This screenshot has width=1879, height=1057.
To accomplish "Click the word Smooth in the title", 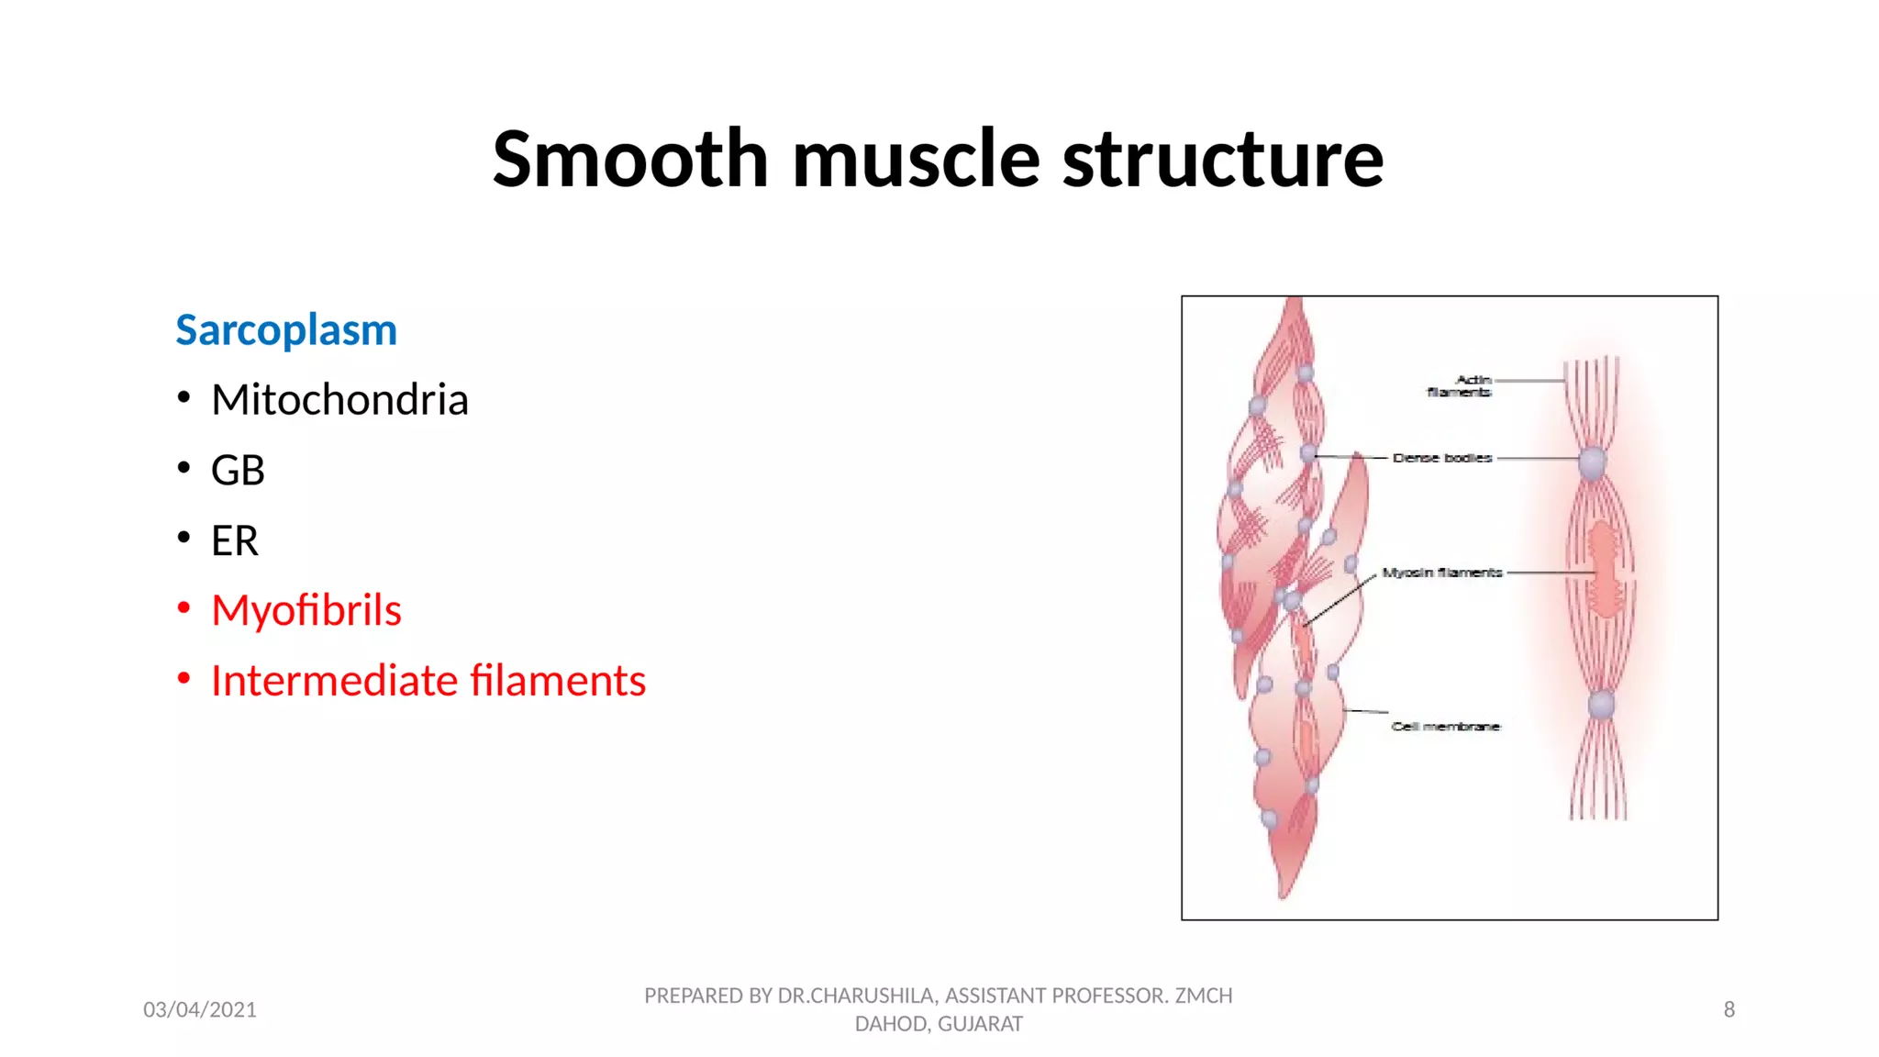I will pos(630,159).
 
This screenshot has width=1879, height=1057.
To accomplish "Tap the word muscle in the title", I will pos(916,159).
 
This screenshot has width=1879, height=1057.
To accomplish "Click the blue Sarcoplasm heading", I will pos(286,330).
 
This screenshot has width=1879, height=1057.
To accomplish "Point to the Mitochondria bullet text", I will pos(339,400).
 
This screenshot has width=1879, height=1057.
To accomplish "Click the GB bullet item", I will pos(238,471).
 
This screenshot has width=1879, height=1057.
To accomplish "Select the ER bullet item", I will pos(235,540).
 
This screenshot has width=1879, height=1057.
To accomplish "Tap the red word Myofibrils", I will pos(306,611).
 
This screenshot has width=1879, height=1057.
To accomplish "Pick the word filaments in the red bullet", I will pos(558,681).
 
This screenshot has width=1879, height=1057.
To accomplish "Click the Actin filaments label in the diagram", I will pos(1461,385).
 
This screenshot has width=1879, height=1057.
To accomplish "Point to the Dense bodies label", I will pos(1441,457).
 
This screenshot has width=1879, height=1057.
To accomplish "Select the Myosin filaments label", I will pos(1442,573).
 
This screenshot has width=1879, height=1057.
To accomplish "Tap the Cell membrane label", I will pos(1445,726).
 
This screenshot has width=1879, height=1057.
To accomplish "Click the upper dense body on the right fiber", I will pos(1593,462).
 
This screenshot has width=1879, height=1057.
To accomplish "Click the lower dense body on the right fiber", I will pos(1601,705).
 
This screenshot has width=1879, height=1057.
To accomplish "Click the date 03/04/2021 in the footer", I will pos(200,1009).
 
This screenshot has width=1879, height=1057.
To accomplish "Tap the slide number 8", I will pos(1729,1009).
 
